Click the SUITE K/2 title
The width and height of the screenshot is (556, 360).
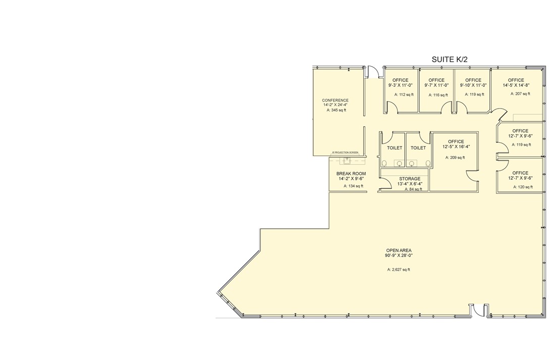tap(450, 60)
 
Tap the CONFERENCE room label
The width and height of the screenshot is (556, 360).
tap(335, 100)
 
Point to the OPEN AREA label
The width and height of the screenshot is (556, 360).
tap(399, 250)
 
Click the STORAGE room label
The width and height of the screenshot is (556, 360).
tap(410, 179)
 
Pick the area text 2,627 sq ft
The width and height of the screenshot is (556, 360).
tap(399, 270)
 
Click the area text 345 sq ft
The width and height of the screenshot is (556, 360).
tap(336, 110)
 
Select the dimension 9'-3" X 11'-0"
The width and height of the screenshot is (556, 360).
tap(400, 85)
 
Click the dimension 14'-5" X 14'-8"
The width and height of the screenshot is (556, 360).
tap(516, 85)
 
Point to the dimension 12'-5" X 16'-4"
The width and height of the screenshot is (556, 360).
tap(456, 147)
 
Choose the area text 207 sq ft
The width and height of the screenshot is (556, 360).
tap(519, 94)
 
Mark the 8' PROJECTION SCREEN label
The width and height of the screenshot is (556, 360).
tap(345, 152)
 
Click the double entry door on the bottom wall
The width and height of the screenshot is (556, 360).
tap(479, 311)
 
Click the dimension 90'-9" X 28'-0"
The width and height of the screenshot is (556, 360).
tap(399, 255)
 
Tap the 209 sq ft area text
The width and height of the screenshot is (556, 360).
tap(455, 158)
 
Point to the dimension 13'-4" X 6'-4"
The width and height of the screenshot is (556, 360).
tap(410, 184)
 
